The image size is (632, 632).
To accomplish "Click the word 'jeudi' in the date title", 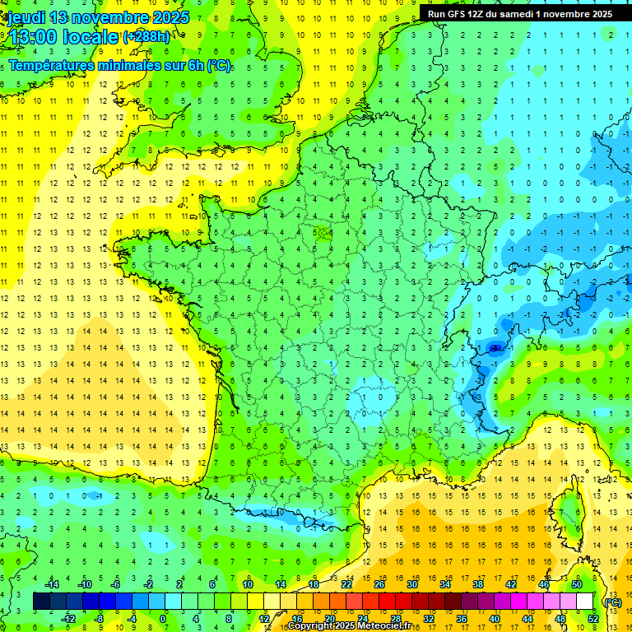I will tap(25, 17).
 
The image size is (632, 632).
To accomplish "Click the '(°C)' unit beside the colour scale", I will tap(612, 602).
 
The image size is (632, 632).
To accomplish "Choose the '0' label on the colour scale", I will tap(163, 618).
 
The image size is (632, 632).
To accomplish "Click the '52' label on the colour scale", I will tap(592, 618).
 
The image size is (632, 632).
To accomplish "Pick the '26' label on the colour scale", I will tap(379, 584).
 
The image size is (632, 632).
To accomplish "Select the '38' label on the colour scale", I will tap(477, 584).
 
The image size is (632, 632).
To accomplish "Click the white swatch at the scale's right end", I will tap(585, 602).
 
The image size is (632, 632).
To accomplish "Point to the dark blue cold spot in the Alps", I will tap(495, 349).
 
